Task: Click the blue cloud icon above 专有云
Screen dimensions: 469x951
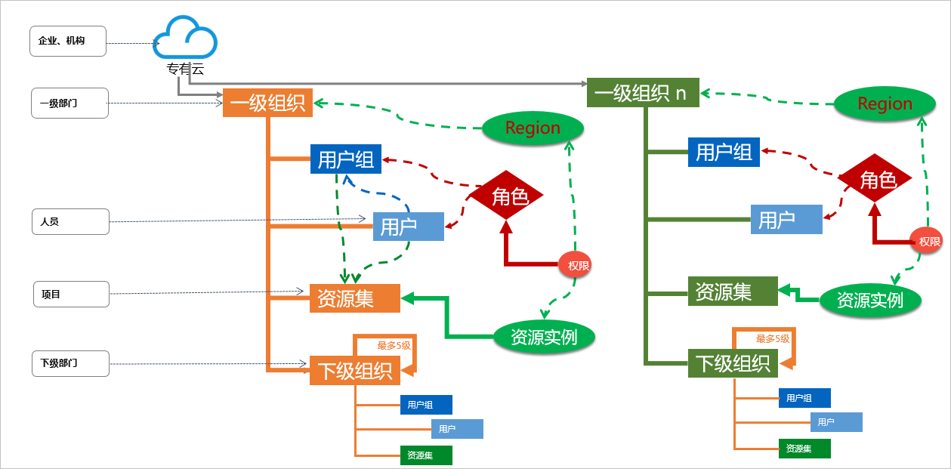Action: tap(186, 39)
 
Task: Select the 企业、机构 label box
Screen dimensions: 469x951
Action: tap(67, 41)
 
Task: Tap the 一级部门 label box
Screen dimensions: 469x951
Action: tap(69, 103)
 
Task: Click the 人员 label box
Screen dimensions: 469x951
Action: tap(70, 222)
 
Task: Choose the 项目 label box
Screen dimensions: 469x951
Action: tap(71, 294)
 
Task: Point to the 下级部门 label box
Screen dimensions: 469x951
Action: tap(70, 363)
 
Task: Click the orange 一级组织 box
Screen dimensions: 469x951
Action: tap(267, 103)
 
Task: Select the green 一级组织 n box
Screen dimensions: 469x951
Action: tap(643, 93)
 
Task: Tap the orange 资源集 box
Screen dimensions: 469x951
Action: tap(354, 298)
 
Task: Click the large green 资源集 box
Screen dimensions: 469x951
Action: tap(733, 291)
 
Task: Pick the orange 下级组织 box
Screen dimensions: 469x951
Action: tap(354, 371)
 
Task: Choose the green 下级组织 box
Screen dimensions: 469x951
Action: tap(733, 363)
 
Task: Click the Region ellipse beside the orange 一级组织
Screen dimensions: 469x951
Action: tap(533, 128)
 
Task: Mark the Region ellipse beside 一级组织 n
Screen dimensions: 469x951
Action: tap(885, 103)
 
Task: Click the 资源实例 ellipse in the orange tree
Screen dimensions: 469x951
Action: tap(544, 336)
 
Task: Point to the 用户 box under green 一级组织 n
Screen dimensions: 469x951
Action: tap(786, 220)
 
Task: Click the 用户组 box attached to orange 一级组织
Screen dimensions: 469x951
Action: tap(346, 159)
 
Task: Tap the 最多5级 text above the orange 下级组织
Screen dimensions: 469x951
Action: tap(394, 345)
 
